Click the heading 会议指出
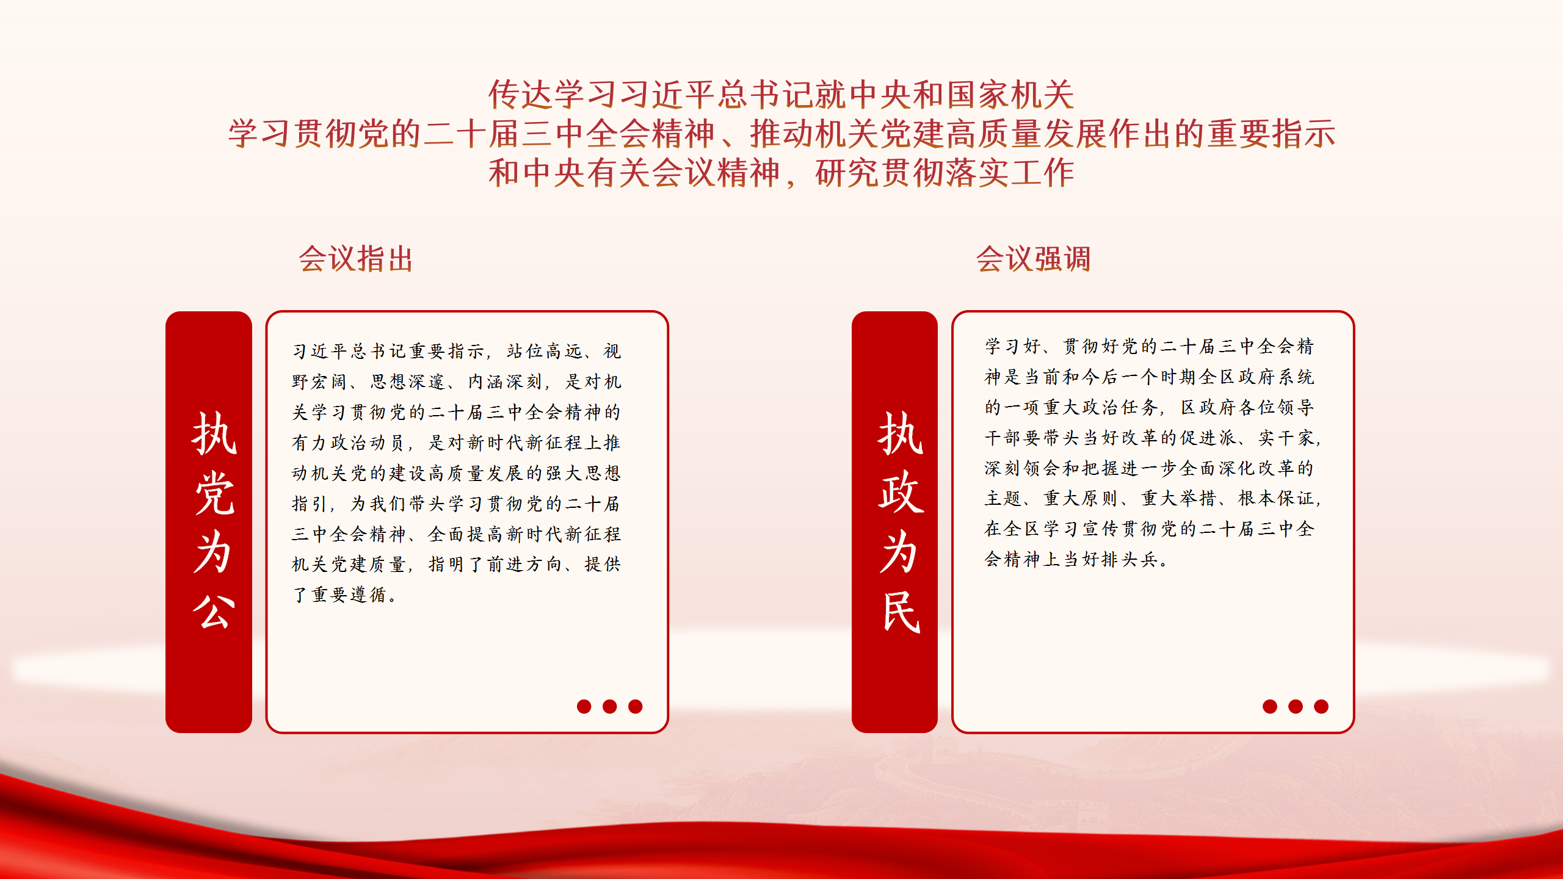coord(356,259)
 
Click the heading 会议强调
coord(1033,259)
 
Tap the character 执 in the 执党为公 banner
coord(214,433)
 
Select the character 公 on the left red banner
coord(214,611)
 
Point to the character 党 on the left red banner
coord(214,493)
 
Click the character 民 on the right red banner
coord(901,611)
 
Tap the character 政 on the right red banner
coord(901,493)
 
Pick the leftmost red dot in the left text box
coord(584,706)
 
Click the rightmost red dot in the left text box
coord(636,706)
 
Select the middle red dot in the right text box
coord(1296,706)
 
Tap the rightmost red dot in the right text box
coord(1321,706)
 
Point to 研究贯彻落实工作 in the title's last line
coord(945,173)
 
